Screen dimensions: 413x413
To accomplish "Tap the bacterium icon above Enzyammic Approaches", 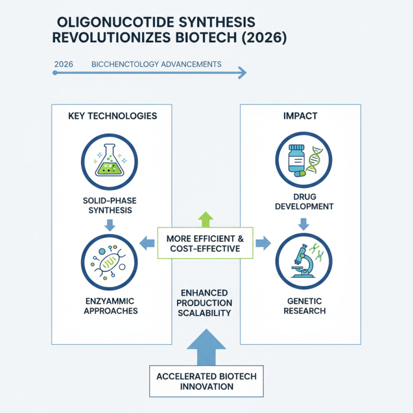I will tap(109, 261).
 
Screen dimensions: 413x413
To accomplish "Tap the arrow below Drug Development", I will tap(304, 224).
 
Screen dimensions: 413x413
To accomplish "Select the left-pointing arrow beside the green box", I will tap(148, 241).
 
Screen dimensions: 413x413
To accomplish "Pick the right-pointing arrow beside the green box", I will tap(263, 241).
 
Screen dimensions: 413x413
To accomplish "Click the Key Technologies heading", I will tap(112, 116).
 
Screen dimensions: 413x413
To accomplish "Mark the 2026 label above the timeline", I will tap(63, 65).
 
